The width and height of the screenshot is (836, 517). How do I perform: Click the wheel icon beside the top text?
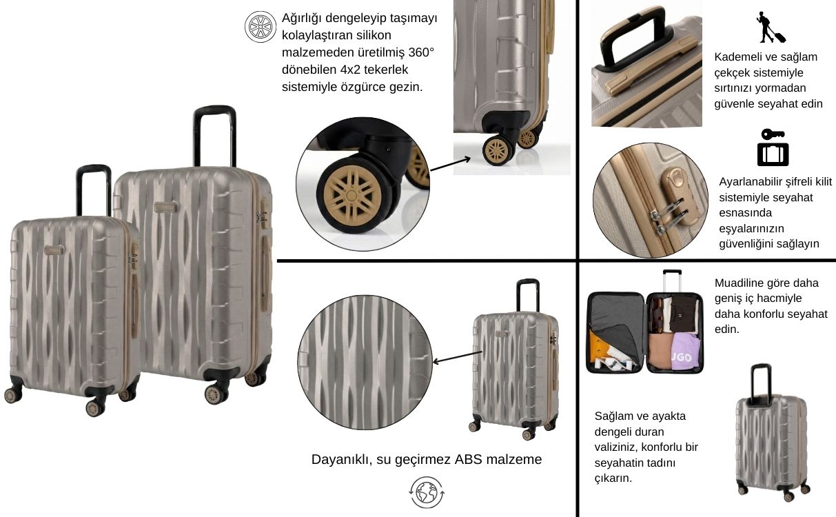point(261,27)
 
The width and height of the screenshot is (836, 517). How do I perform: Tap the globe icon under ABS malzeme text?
point(427,492)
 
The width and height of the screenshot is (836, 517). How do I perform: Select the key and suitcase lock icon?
point(773,148)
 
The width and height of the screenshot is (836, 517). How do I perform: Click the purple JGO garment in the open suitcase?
point(686,352)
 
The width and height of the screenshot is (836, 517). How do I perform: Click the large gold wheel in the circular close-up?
point(352,196)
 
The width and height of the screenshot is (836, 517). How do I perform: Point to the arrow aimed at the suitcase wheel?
point(451,165)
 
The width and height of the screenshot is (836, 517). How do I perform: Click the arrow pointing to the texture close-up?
point(458,357)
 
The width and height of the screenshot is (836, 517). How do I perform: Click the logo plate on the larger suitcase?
point(165,207)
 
